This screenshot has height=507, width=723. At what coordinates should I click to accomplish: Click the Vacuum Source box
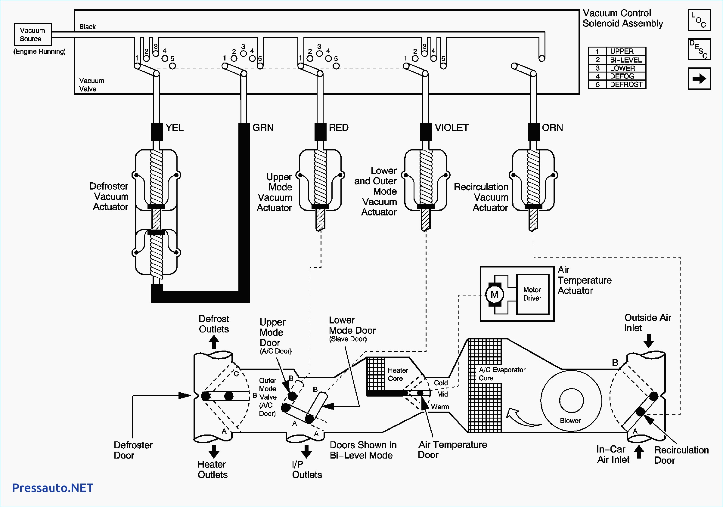[x=33, y=35]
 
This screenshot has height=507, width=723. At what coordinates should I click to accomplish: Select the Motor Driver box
[x=532, y=294]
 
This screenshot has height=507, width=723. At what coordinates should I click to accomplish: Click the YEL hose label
[x=175, y=128]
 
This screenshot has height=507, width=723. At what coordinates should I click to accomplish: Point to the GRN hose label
[x=263, y=128]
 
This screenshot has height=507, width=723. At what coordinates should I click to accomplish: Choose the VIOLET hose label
[x=451, y=128]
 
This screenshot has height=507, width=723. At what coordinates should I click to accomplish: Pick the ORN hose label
[x=552, y=128]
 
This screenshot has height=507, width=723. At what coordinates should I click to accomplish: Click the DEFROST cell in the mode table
[x=626, y=84]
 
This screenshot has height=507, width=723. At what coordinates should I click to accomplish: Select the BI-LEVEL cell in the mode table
[x=626, y=60]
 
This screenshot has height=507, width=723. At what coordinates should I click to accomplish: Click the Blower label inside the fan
[x=570, y=420]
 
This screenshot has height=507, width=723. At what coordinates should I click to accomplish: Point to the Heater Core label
[x=398, y=374]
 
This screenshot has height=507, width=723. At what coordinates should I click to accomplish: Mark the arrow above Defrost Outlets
[x=214, y=342]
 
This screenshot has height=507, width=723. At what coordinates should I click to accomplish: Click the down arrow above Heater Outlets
[x=214, y=451]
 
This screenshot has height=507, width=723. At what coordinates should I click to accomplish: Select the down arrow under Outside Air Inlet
[x=648, y=341]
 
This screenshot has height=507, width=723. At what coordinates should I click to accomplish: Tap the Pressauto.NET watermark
[x=53, y=488]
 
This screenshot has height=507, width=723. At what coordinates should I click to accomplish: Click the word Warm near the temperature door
[x=440, y=407]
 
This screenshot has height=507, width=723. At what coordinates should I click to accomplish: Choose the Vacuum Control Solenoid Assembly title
[x=622, y=18]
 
